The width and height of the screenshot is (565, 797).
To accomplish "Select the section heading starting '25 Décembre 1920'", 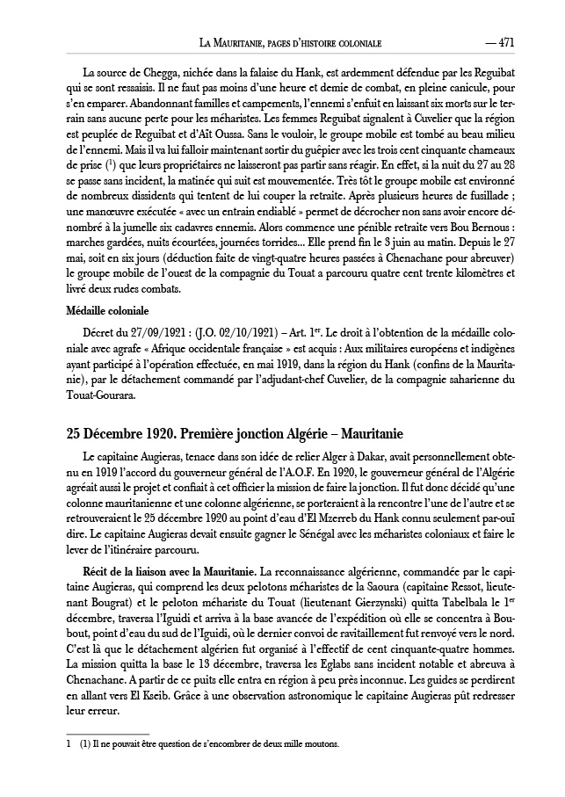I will (x=235, y=434).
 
